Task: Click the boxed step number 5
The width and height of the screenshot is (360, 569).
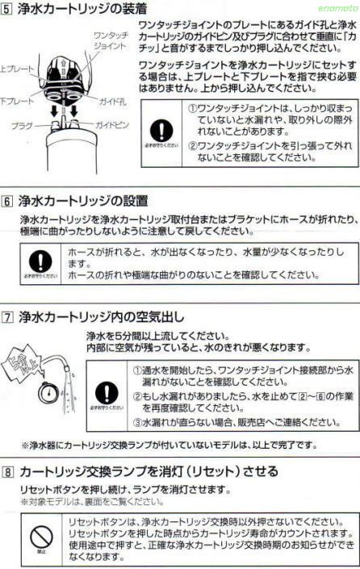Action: (7, 10)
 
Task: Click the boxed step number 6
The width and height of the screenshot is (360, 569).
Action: (7, 199)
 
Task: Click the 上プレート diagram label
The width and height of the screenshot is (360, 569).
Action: (16, 69)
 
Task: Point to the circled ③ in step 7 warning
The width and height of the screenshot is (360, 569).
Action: (138, 421)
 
